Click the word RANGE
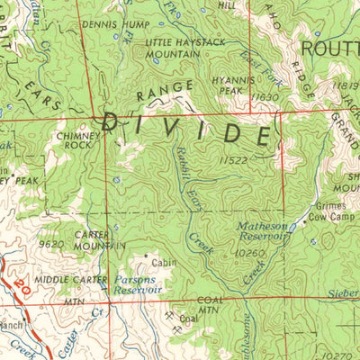[x=165, y=90]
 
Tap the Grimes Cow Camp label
[x=328, y=211]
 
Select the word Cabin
[x=163, y=264]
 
